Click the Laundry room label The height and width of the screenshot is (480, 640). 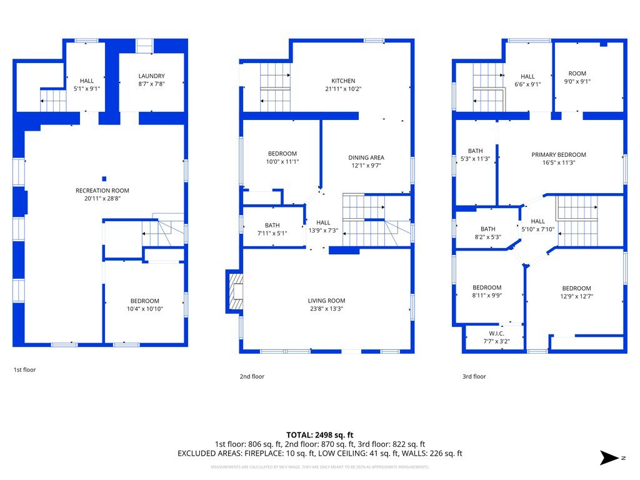[151, 76]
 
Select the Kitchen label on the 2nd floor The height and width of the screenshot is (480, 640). [343, 81]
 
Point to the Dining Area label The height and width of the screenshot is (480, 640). [366, 157]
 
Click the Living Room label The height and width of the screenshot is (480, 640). [326, 300]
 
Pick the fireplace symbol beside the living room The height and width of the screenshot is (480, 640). [236, 291]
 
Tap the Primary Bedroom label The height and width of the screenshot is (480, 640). [559, 154]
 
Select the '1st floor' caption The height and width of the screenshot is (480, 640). [25, 370]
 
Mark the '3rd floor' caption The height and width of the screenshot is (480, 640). [474, 377]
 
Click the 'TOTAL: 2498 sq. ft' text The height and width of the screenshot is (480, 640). [320, 434]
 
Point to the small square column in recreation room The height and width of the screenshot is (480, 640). [104, 179]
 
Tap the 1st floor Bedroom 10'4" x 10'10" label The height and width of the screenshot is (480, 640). [144, 301]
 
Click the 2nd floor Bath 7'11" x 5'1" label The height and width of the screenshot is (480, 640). [272, 226]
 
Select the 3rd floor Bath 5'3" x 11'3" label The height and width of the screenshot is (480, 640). [476, 151]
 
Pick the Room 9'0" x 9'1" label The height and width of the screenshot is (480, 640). [577, 74]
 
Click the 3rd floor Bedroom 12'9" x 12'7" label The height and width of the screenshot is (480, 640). [576, 288]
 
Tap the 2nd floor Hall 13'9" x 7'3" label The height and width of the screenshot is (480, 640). [323, 222]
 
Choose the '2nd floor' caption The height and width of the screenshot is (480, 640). [252, 377]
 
